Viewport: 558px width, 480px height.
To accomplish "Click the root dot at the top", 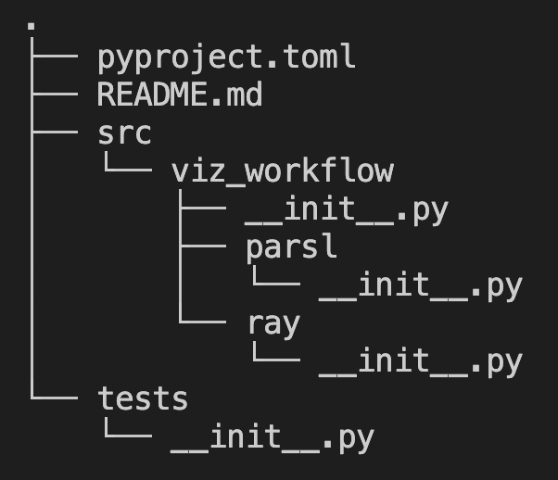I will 32,26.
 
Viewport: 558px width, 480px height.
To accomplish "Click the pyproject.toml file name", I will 226,57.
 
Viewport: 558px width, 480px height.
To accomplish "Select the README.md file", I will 180,95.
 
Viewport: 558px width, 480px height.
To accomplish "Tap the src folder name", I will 124,133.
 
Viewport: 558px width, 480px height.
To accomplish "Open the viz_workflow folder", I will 283,171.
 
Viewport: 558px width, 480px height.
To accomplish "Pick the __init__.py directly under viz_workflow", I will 347,209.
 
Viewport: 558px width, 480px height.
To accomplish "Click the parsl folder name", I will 291,247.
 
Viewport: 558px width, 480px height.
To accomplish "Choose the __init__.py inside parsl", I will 420,285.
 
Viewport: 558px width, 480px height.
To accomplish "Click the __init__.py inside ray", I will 420,361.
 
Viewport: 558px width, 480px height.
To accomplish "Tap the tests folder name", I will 143,399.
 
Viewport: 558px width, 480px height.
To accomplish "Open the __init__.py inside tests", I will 273,437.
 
